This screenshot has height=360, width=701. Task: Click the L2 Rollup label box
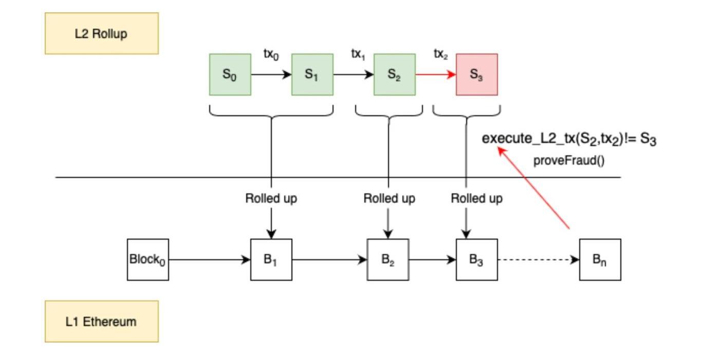(102, 33)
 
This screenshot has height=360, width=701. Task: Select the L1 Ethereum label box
(102, 321)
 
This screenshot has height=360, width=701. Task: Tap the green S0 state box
(230, 75)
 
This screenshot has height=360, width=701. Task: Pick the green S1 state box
(312, 75)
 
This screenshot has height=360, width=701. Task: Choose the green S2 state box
(394, 75)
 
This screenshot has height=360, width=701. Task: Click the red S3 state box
(476, 75)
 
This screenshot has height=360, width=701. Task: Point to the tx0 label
(271, 55)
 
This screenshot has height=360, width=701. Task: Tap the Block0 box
(148, 260)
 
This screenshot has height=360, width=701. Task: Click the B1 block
(271, 260)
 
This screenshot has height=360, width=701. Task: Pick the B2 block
(388, 260)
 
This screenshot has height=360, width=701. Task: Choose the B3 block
(476, 260)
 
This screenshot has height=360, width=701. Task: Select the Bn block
(600, 260)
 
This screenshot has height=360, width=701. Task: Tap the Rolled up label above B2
(389, 198)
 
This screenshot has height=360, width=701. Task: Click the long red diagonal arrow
(534, 188)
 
